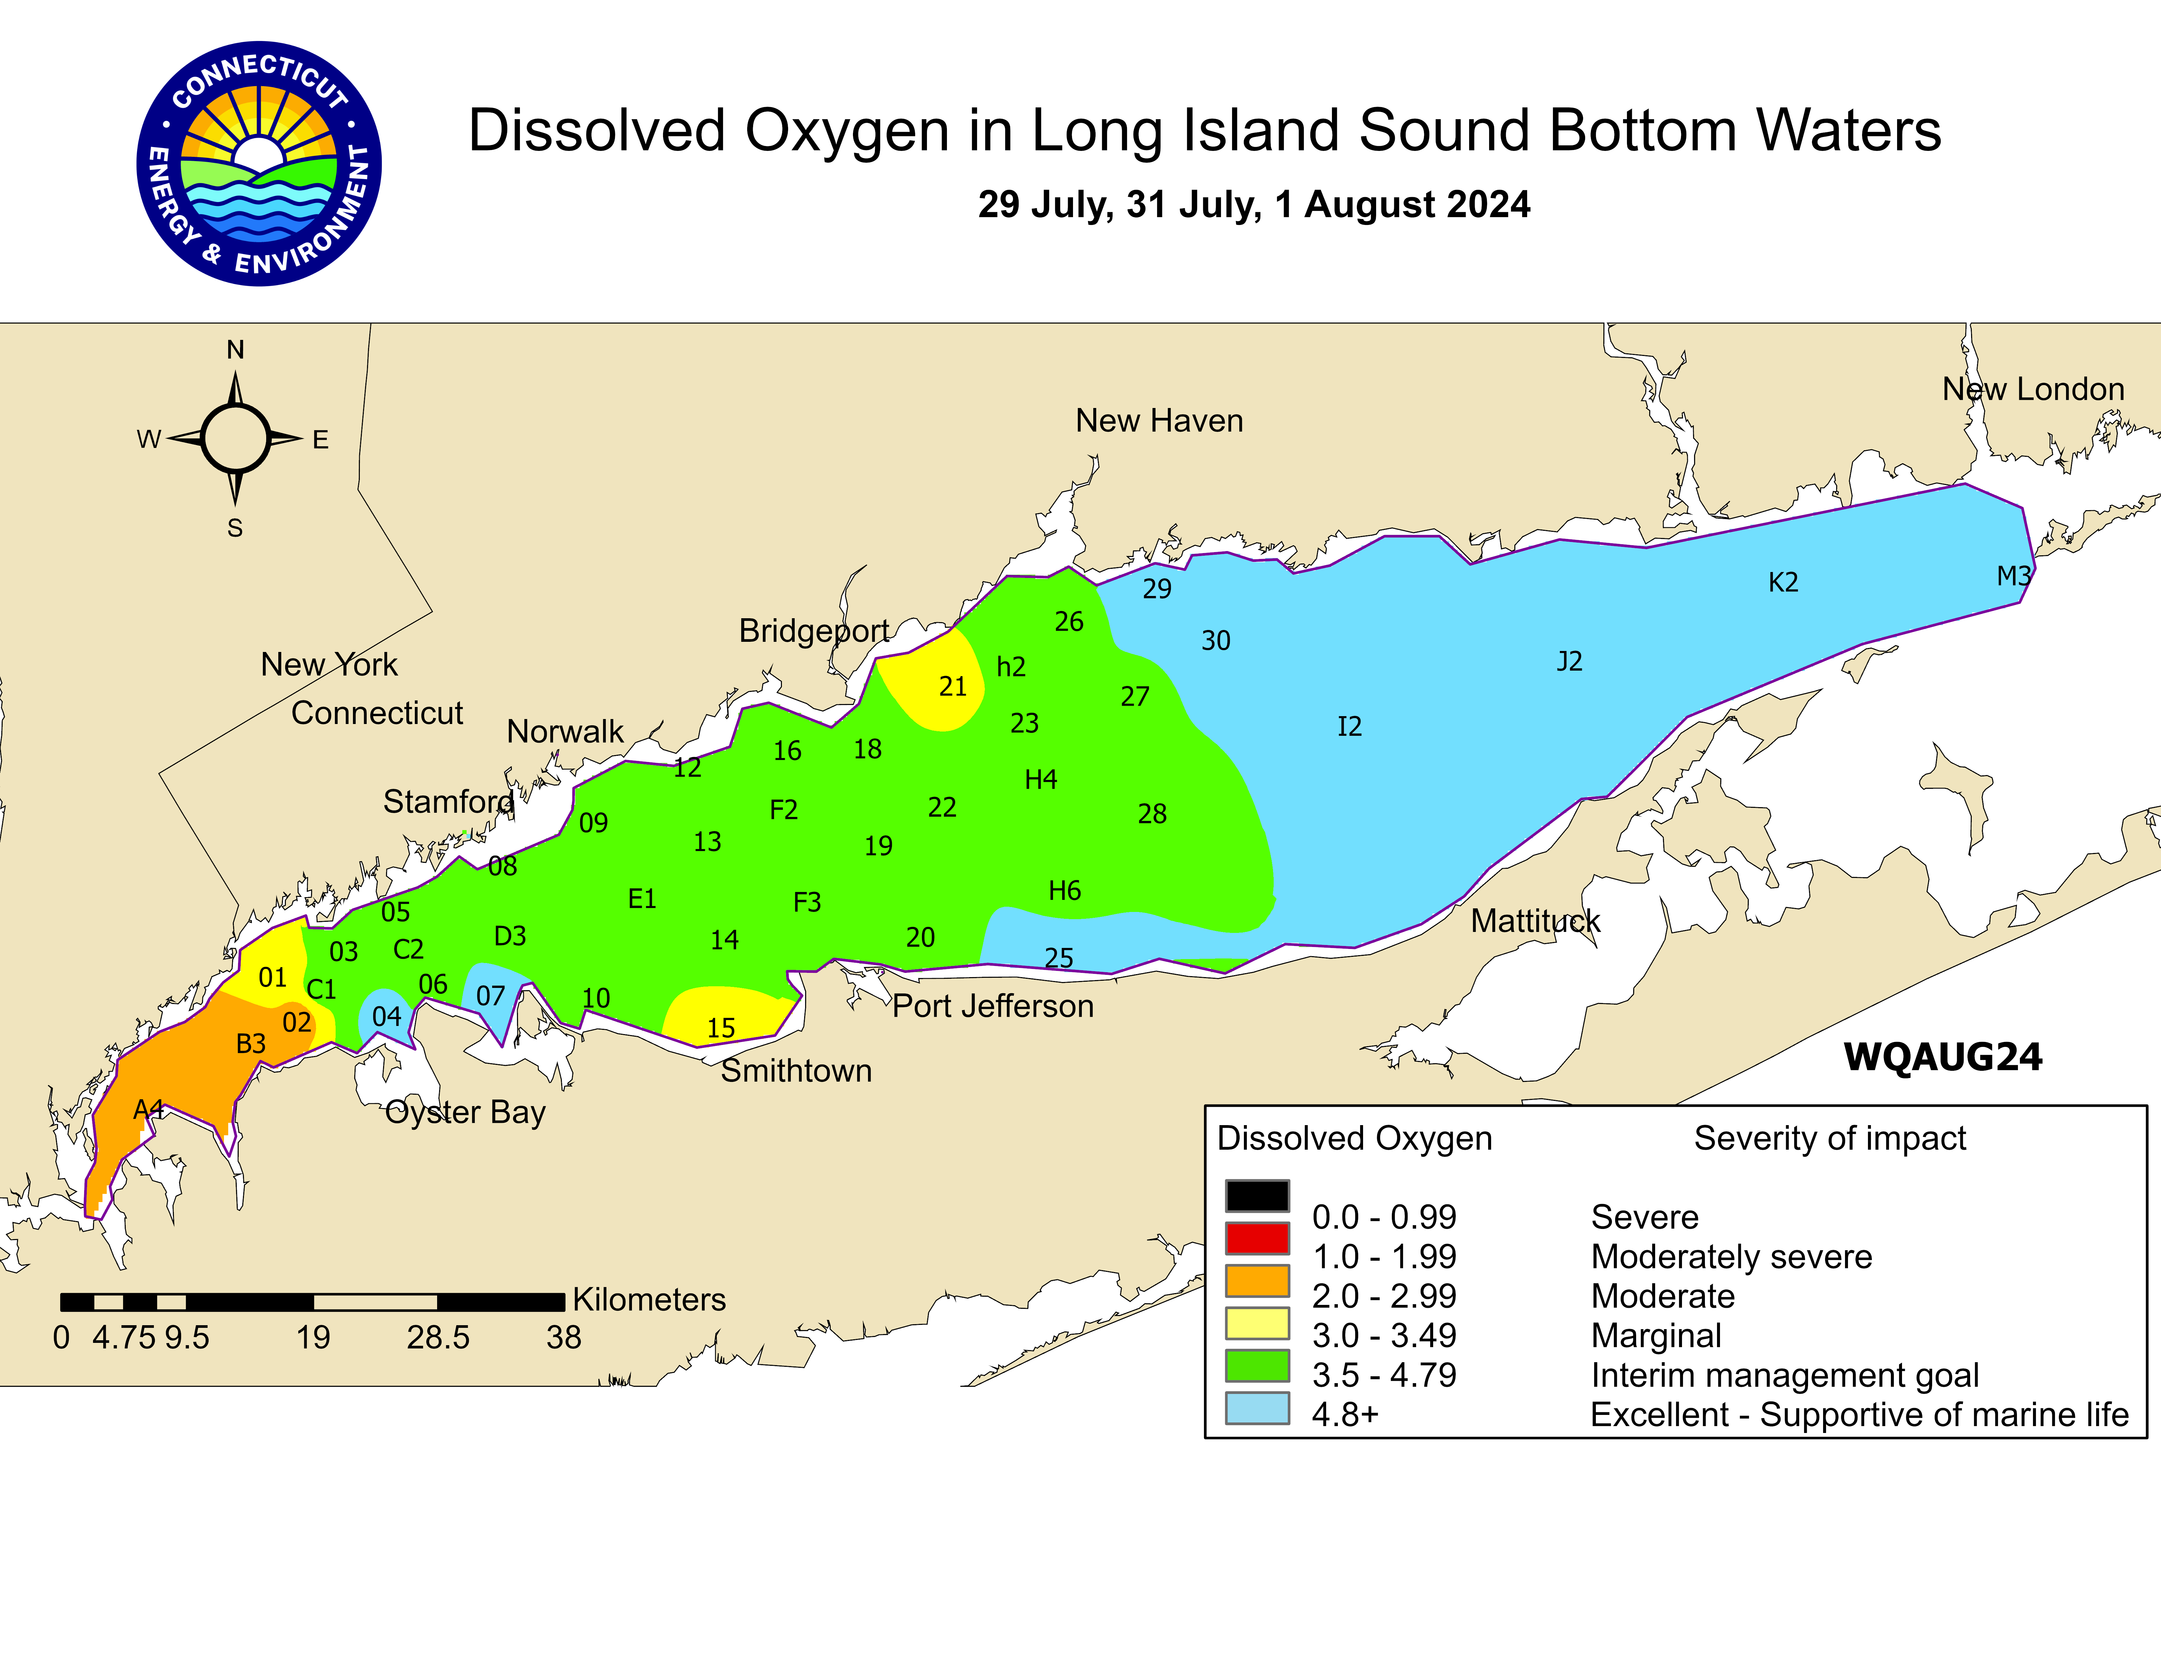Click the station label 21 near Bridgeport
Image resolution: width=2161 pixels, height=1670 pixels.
point(952,687)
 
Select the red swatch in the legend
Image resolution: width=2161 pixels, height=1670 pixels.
point(1257,1238)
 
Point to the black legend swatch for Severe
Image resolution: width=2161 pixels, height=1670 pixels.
point(1257,1195)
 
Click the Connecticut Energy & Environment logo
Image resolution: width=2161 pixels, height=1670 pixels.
point(259,164)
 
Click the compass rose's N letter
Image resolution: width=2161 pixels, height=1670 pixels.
point(235,349)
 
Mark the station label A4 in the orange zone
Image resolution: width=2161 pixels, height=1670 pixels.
point(148,1109)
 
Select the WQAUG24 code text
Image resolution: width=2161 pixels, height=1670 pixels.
point(1942,1057)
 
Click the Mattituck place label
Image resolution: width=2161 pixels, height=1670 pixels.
point(1535,921)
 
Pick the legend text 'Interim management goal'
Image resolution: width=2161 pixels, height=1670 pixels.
point(1784,1375)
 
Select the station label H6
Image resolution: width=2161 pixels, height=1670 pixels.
point(1065,890)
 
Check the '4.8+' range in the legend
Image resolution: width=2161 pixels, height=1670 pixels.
point(1345,1415)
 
